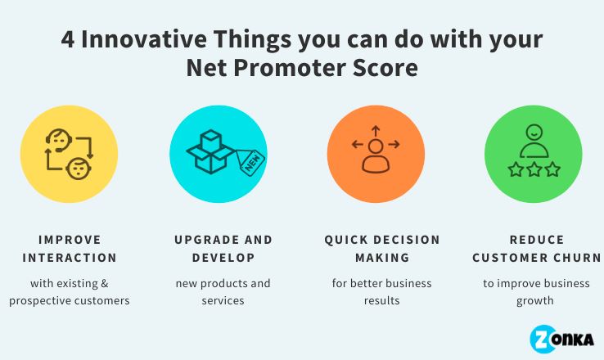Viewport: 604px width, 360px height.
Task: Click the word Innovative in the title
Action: [x=141, y=39]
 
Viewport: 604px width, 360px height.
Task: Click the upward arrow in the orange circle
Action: [x=376, y=130]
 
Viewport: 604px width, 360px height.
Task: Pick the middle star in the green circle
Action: [x=533, y=170]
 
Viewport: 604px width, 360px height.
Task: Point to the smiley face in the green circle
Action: [x=533, y=130]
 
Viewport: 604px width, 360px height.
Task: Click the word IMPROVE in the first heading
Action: [x=70, y=240]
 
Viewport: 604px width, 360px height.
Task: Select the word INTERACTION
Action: [x=70, y=258]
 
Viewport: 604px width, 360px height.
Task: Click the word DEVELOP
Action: [x=223, y=258]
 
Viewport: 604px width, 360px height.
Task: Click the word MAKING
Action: [x=381, y=258]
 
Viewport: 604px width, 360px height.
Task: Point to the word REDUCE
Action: [x=536, y=240]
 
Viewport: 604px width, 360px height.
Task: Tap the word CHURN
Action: [x=578, y=258]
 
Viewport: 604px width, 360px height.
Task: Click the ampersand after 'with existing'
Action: [x=105, y=284]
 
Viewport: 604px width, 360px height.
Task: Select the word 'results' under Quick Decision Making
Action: [x=381, y=300]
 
